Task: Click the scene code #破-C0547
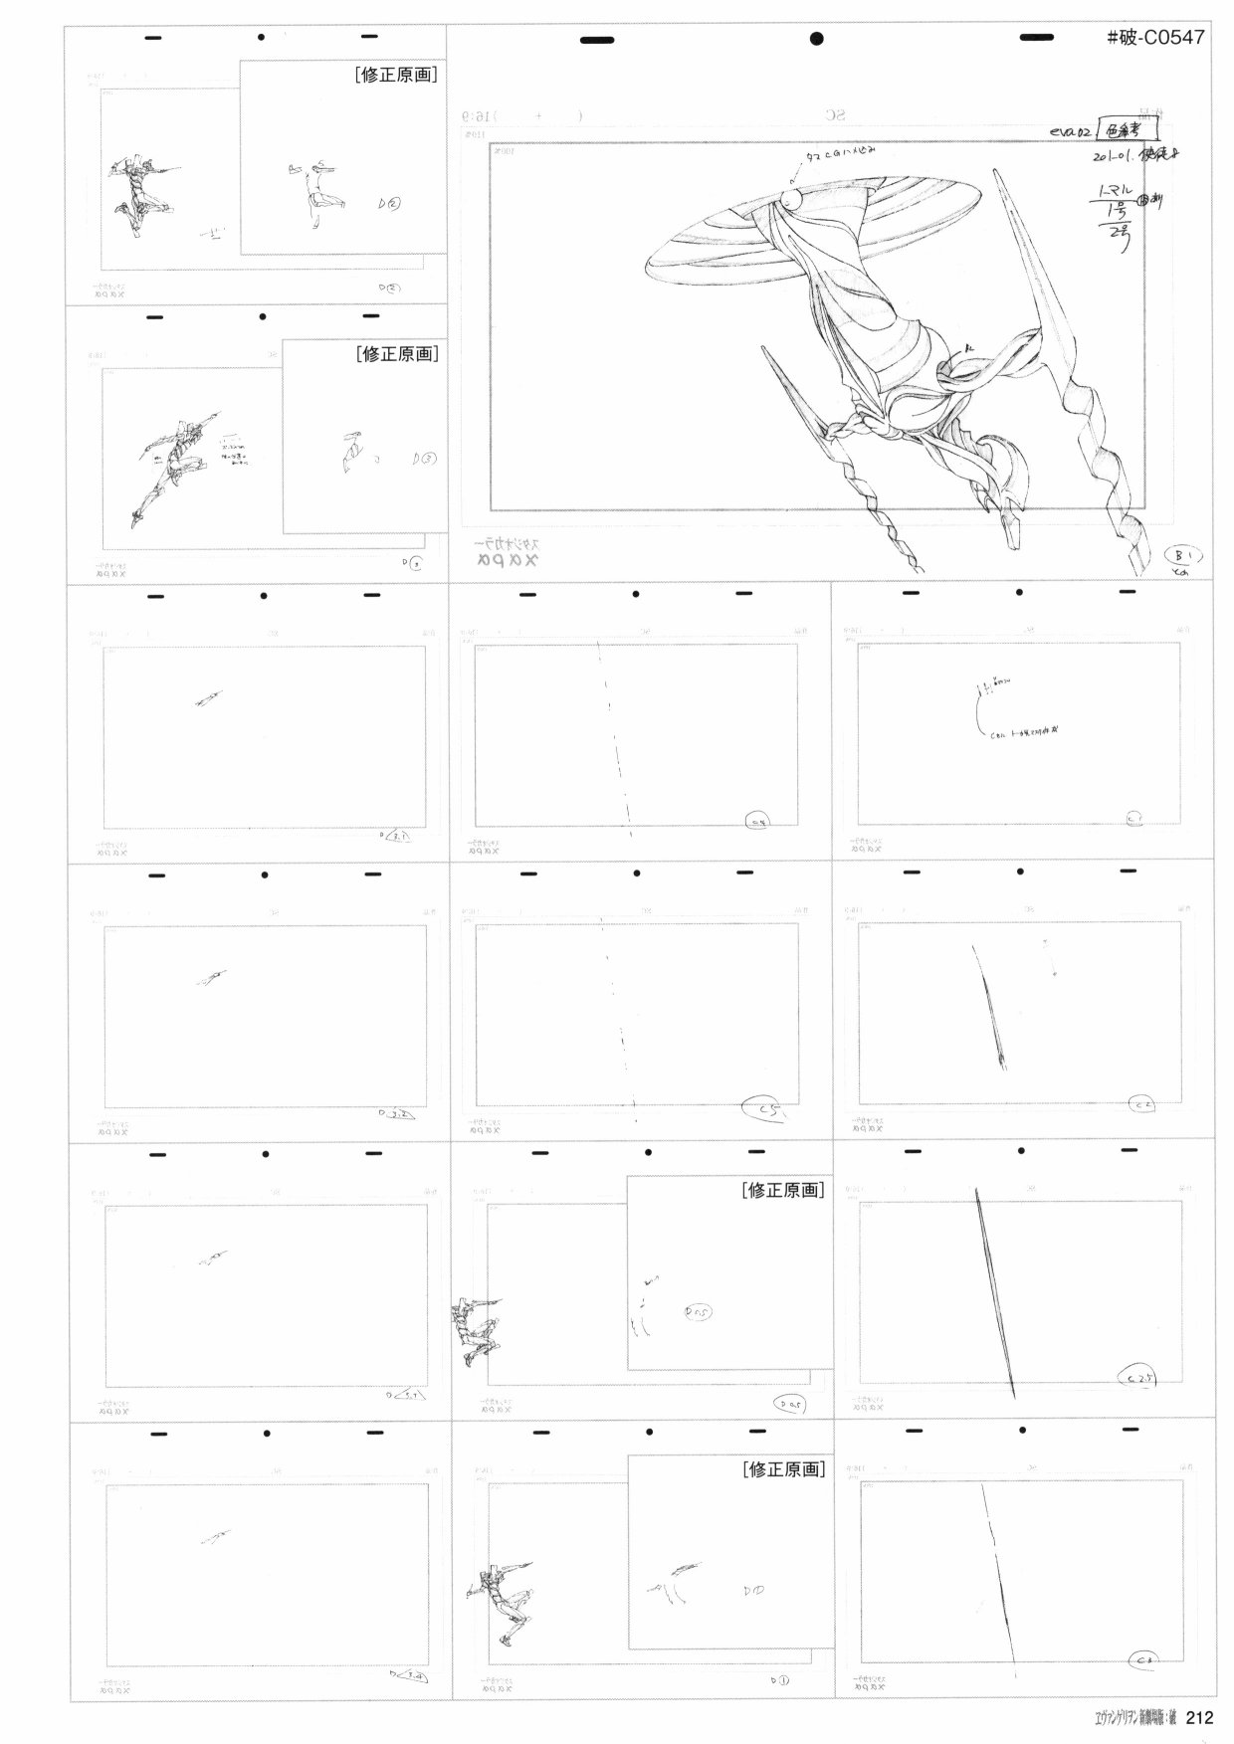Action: pyautogui.click(x=1155, y=38)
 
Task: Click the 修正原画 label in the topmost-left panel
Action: pyautogui.click(x=396, y=75)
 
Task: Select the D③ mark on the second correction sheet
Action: pyautogui.click(x=423, y=459)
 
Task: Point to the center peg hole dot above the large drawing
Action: pyautogui.click(x=817, y=39)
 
